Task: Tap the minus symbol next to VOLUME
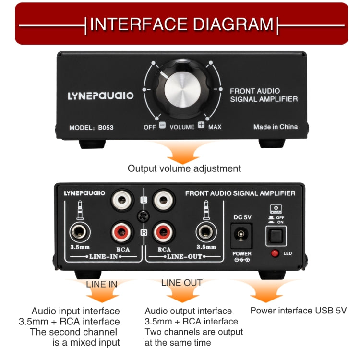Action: click(x=162, y=126)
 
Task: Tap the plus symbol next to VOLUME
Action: click(x=201, y=126)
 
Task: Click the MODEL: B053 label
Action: click(x=91, y=128)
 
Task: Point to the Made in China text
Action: click(x=275, y=127)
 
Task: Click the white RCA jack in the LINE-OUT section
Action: click(x=163, y=200)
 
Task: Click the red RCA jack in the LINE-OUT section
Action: click(x=163, y=233)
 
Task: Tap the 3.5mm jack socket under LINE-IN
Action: click(x=79, y=233)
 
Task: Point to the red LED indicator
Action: click(x=275, y=253)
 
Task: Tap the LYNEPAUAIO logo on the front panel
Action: click(x=100, y=96)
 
